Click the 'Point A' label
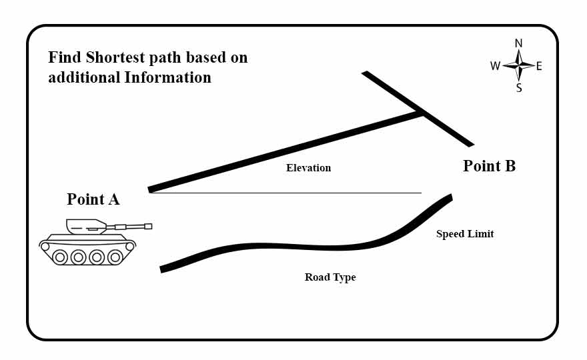click(93, 199)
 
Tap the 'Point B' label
click(489, 166)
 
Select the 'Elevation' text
click(308, 168)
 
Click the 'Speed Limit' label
click(465, 234)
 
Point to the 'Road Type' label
click(330, 277)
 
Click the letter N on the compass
click(519, 44)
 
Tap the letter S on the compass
click(519, 87)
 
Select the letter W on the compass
click(495, 66)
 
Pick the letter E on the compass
click(539, 66)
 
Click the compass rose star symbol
click(519, 65)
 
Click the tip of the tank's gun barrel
click(149, 226)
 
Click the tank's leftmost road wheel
click(60, 257)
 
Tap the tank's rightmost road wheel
click(115, 257)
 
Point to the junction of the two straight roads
click(420, 113)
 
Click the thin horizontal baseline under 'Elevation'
click(287, 193)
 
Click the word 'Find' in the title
click(63, 57)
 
